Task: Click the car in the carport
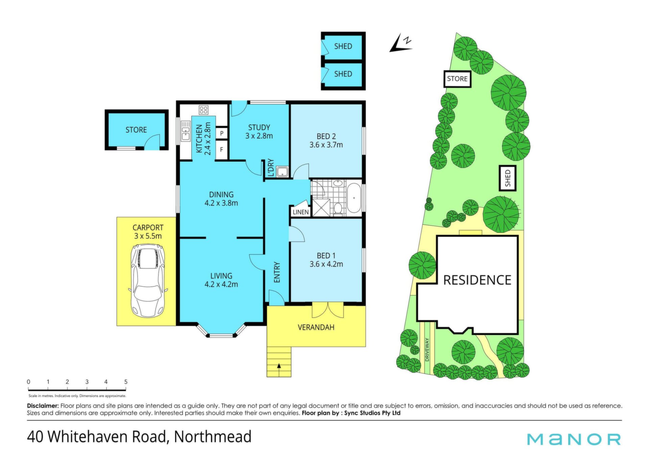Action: point(148,281)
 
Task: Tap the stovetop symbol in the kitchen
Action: point(203,110)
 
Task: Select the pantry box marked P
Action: point(222,133)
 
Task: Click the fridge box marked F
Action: point(222,149)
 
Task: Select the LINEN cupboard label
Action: point(301,212)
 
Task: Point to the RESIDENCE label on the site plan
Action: point(477,280)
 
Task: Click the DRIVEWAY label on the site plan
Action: point(427,349)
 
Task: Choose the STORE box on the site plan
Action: point(457,79)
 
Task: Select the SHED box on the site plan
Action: point(508,178)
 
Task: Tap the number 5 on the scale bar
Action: point(126,382)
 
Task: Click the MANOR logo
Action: point(574,439)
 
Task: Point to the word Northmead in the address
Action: point(213,437)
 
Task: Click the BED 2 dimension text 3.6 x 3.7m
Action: point(326,145)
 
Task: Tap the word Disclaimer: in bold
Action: point(43,406)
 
